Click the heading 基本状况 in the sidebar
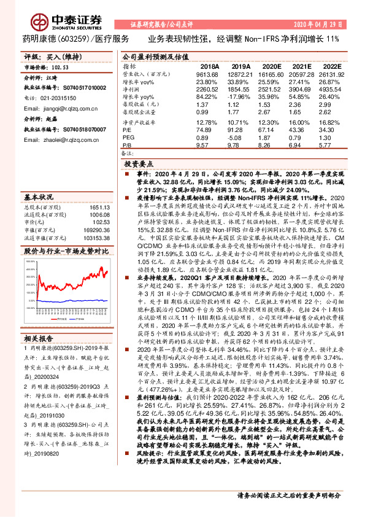(39, 197)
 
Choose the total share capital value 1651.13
(96, 209)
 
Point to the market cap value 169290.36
(93, 230)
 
